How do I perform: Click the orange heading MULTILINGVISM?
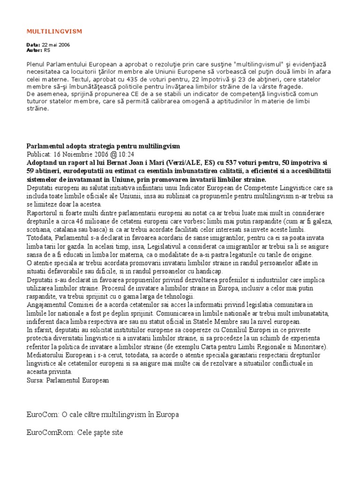tap(54, 31)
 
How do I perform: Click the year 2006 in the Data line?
tap(62, 45)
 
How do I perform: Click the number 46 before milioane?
tap(80, 221)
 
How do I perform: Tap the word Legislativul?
tap(167, 247)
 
